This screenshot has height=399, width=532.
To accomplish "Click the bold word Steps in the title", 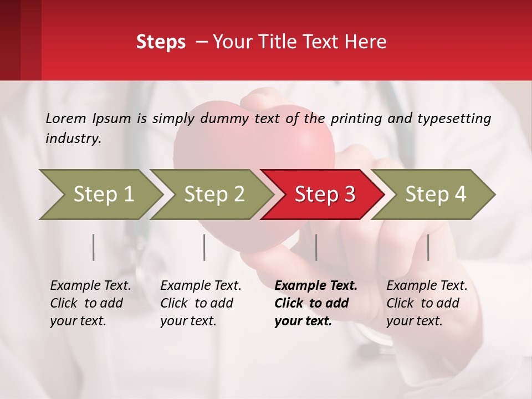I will click(161, 42).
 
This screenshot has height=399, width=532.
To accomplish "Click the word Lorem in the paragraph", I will click(66, 118).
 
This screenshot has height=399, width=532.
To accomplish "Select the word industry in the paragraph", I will click(73, 138).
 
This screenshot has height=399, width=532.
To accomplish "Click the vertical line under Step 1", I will click(94, 247).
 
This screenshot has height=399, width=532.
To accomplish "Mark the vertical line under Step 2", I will click(204, 247).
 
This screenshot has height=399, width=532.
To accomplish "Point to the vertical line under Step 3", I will click(316, 247).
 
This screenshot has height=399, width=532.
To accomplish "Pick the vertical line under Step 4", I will click(428, 247).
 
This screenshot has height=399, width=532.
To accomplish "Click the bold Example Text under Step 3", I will click(316, 286).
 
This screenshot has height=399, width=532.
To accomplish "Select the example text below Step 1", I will click(90, 303).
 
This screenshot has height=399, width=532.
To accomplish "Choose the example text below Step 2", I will click(201, 303).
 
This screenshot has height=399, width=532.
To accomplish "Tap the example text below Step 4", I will click(427, 303).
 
